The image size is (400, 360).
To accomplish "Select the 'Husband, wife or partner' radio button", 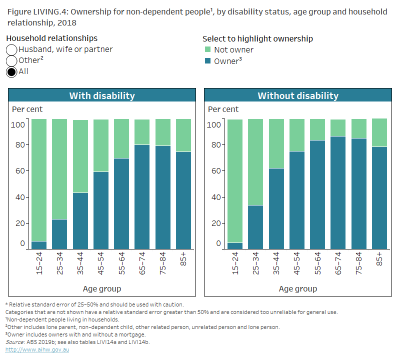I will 12,49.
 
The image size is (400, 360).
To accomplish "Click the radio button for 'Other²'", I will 12,60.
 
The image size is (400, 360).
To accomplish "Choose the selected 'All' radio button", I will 12,71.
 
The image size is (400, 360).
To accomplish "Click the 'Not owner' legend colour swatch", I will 208,49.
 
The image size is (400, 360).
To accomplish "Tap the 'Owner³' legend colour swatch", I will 208,61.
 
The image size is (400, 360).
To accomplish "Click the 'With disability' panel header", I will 101,95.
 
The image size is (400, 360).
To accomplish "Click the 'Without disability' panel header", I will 297,95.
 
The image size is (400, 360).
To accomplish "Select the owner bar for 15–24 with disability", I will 39,245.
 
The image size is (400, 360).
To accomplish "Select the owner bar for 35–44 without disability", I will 276,208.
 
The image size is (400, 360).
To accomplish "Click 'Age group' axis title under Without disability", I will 297,288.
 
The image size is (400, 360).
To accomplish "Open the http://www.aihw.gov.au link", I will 37,349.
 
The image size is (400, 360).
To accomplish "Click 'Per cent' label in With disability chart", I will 27,109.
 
